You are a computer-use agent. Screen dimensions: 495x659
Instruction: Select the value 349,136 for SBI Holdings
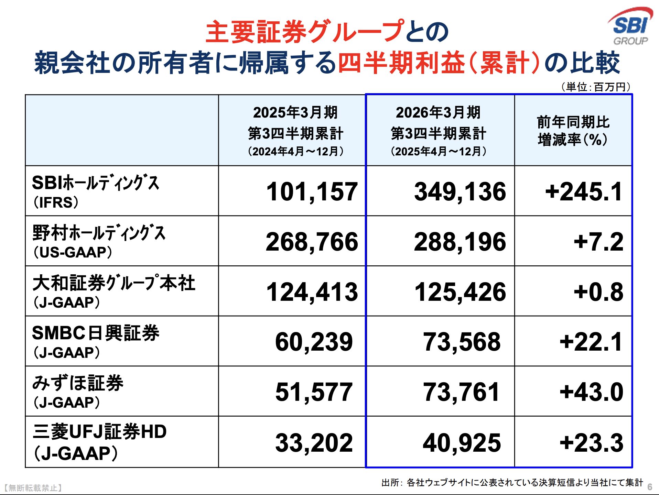460,191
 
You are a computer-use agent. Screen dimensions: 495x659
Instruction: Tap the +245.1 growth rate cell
584,191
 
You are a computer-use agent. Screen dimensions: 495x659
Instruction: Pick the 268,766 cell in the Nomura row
312,242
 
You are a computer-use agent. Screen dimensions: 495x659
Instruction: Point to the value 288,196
460,242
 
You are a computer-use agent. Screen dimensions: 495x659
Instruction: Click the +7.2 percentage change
598,242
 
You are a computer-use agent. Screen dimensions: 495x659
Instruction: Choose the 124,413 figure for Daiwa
312,292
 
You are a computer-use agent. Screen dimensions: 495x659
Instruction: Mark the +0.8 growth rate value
598,292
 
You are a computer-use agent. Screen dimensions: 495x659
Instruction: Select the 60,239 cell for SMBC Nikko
314,342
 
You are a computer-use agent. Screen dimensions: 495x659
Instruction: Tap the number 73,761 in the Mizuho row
461,392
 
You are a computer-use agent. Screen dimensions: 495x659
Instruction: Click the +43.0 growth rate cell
591,392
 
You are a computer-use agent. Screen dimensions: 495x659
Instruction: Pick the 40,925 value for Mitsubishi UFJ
461,443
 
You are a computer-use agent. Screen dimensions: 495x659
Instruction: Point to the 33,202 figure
314,443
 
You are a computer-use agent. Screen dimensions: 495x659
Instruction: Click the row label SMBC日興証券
96,333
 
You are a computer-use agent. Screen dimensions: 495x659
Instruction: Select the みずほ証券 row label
78,383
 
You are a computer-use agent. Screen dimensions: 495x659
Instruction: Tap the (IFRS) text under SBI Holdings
56,202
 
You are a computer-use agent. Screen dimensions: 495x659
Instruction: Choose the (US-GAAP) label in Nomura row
73,252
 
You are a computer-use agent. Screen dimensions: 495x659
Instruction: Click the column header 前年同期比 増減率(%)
573,131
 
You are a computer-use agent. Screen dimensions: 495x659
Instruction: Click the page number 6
649,487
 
